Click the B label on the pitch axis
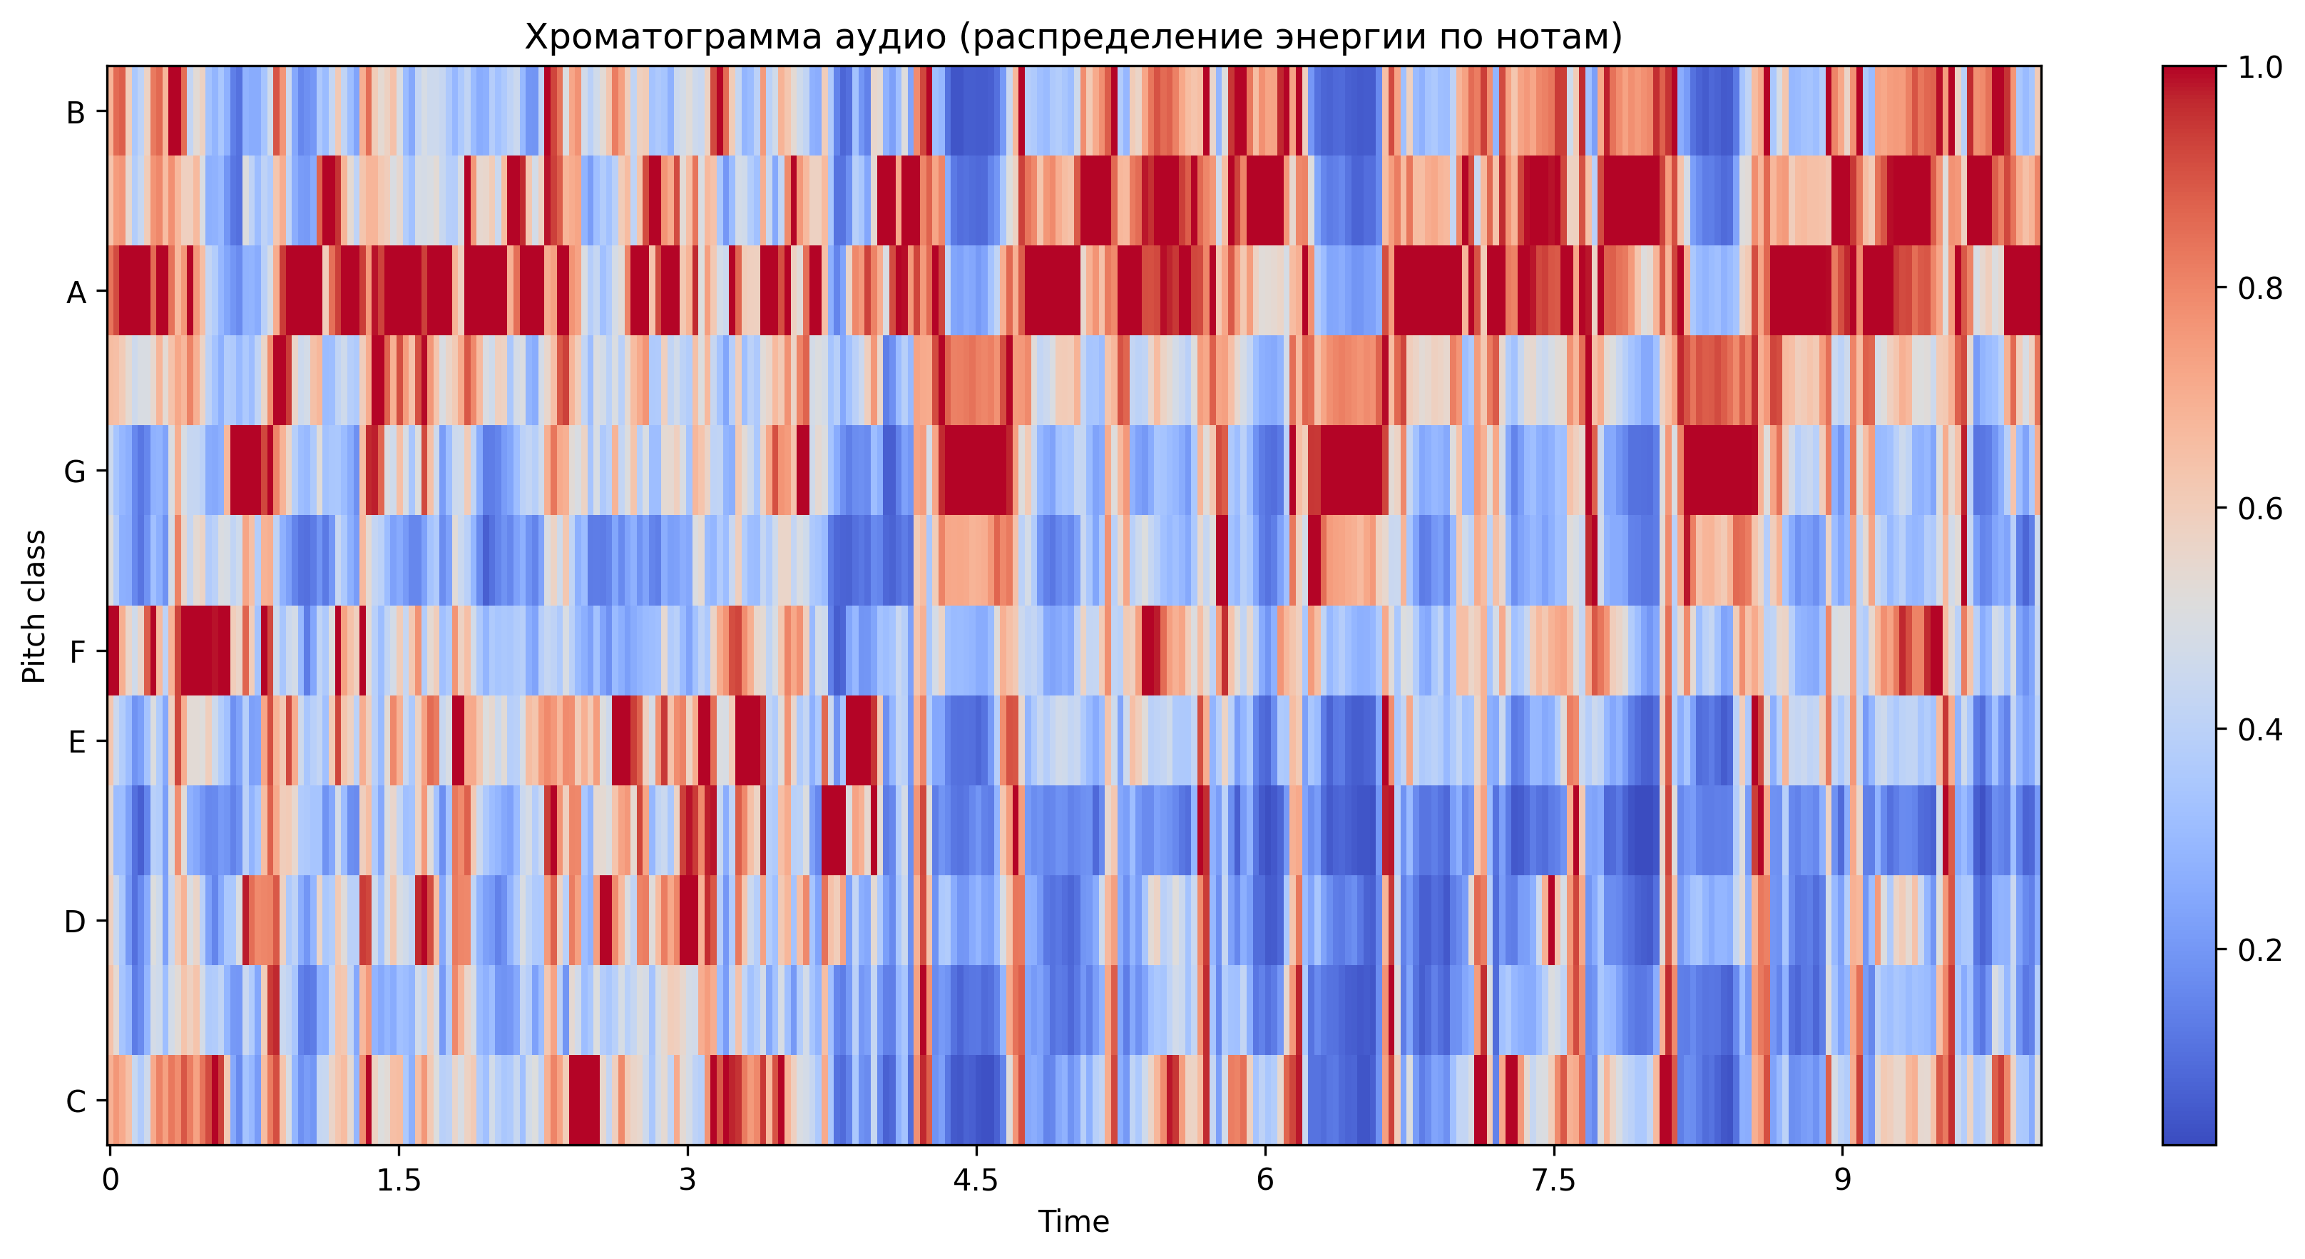pos(76,113)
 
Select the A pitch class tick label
pos(76,292)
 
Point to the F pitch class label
pos(77,651)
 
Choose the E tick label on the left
pos(77,742)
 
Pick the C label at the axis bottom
pos(76,1101)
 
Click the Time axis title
pos(1074,1221)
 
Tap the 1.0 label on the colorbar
pos(2259,68)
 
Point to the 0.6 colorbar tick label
pos(2259,509)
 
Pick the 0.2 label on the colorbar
pos(2259,949)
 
